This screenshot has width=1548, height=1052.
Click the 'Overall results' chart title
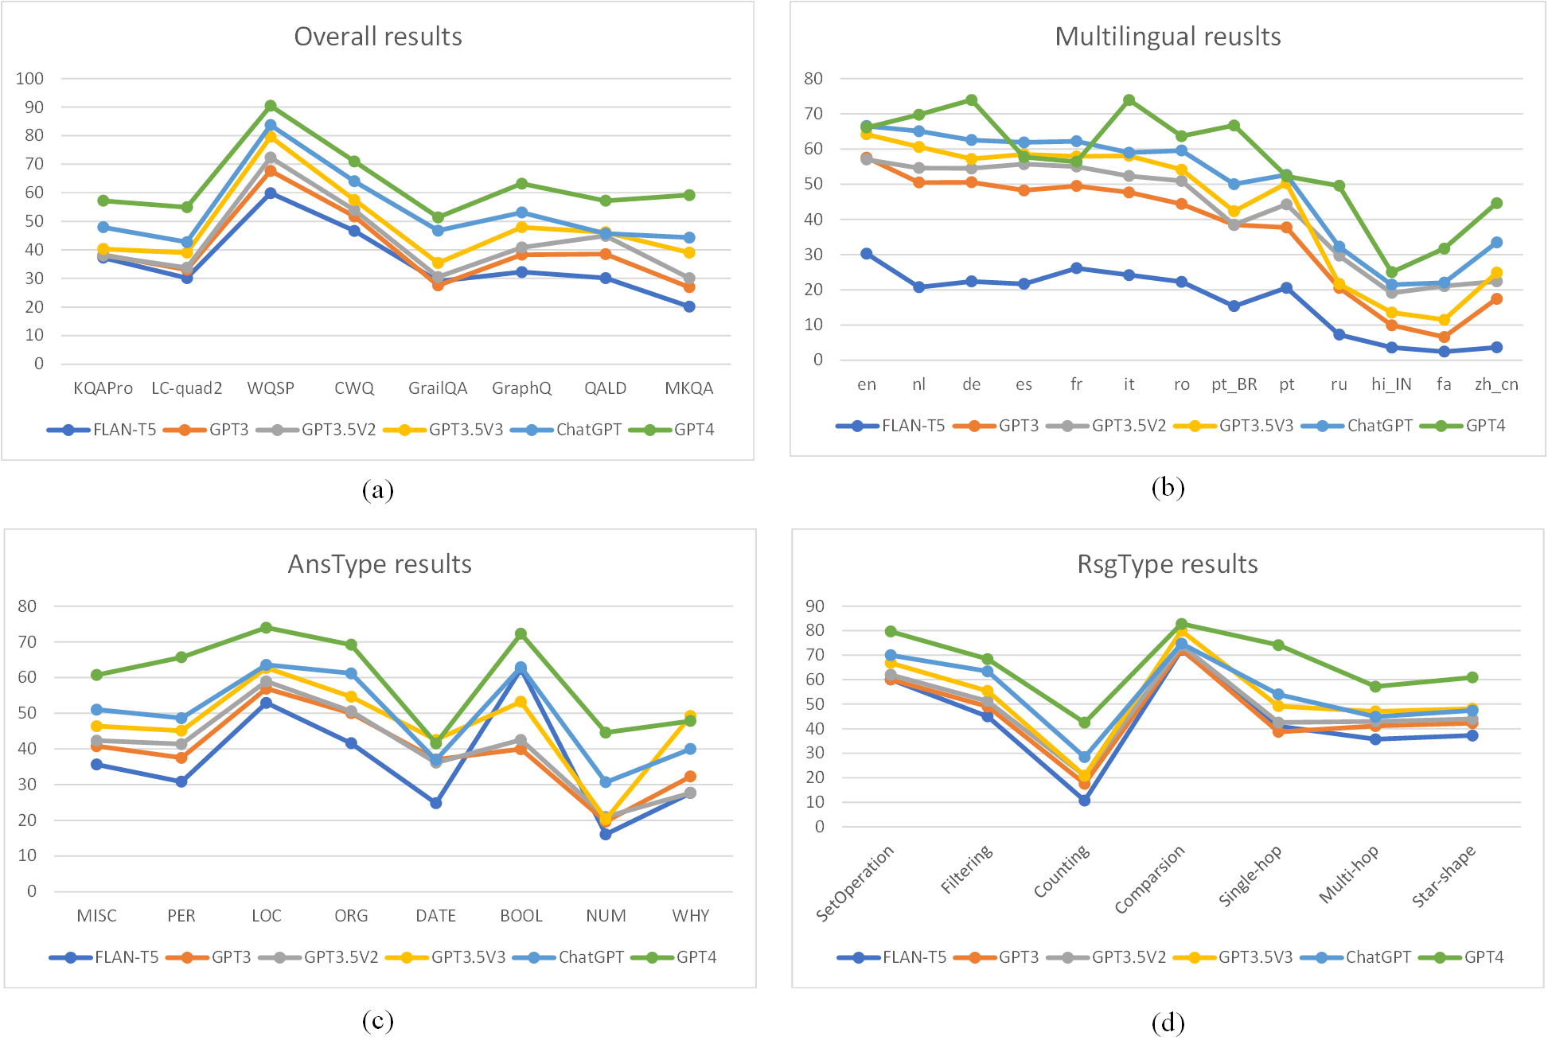coord(378,37)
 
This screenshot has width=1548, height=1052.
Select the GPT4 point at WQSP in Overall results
coord(271,106)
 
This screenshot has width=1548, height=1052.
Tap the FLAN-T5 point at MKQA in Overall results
coord(689,306)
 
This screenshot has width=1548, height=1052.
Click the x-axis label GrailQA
coord(438,388)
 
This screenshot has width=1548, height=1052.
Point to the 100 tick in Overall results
coord(29,79)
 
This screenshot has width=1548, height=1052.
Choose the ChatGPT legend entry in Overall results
coord(588,430)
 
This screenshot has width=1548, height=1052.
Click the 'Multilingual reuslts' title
coord(1168,37)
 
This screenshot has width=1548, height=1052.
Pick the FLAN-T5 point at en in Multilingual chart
coord(867,254)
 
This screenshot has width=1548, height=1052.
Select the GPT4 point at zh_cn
coord(1496,203)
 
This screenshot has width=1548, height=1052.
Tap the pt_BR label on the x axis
coord(1234,384)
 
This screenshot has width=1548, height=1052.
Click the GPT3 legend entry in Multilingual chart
coord(1018,426)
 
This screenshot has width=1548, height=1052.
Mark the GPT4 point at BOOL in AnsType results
coord(521,634)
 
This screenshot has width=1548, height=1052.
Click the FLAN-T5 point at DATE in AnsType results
coord(436,803)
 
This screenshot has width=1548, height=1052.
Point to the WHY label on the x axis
coord(690,916)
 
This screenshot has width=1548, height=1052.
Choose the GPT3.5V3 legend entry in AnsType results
coord(468,957)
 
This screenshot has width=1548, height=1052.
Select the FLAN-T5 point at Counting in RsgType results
coord(1084,800)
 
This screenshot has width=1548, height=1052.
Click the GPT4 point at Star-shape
coord(1472,677)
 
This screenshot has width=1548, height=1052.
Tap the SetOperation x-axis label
coord(856,883)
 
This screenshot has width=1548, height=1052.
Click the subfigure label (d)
coord(1168,1023)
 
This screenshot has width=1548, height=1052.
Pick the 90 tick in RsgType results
coord(814,606)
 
